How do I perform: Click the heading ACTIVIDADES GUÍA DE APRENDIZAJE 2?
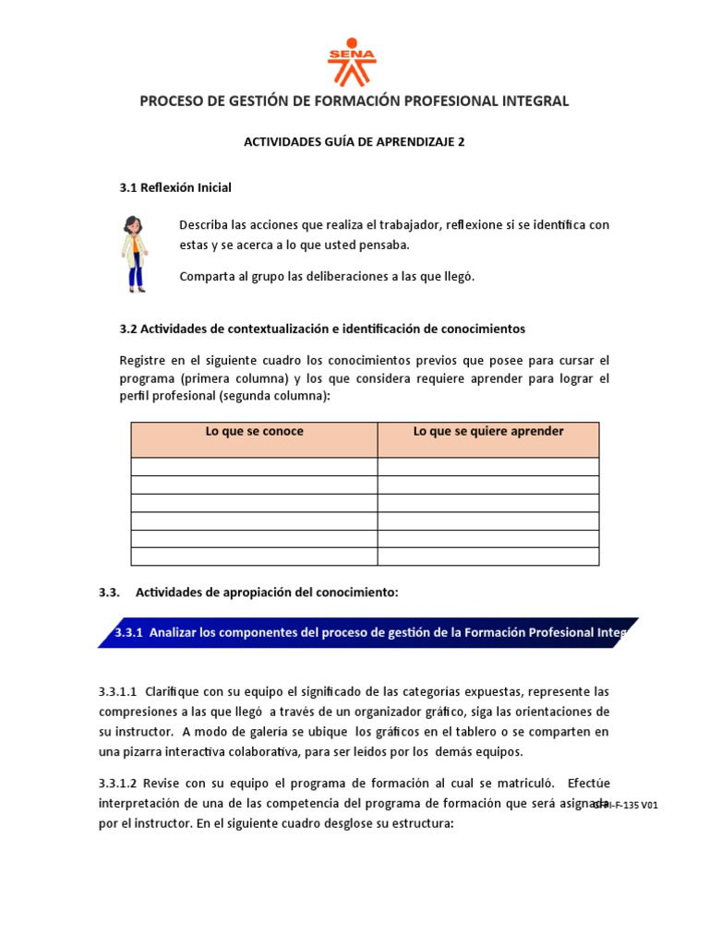354,142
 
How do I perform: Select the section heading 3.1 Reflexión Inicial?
175,187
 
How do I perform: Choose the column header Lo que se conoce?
254,432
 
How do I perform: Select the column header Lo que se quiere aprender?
488,432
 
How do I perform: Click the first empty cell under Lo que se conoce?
254,466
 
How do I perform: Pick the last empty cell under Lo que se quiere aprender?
488,556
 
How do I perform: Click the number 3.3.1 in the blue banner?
130,633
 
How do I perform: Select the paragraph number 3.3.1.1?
117,691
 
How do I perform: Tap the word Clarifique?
174,691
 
